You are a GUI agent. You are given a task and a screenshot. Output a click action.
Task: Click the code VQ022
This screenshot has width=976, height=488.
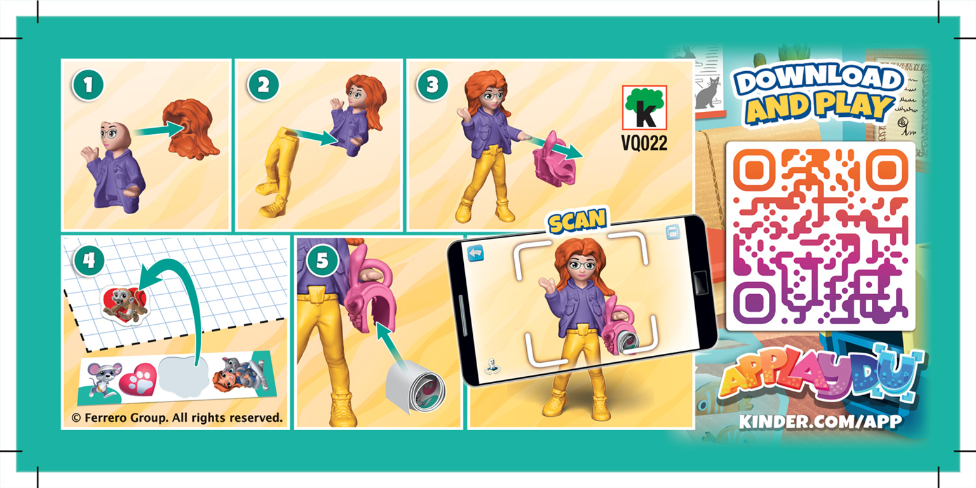pyautogui.click(x=644, y=144)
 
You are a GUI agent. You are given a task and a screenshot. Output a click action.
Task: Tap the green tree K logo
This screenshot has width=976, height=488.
pyautogui.click(x=644, y=108)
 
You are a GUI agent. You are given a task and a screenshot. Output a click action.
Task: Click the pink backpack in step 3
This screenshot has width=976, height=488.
pyautogui.click(x=550, y=156)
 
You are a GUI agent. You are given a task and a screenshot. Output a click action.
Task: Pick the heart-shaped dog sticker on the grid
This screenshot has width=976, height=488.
pyautogui.click(x=125, y=303)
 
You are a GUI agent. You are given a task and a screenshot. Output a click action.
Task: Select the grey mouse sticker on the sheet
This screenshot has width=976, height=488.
pyautogui.click(x=101, y=379)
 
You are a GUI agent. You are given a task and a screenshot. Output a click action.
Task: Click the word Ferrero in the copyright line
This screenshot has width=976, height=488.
pyautogui.click(x=109, y=417)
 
